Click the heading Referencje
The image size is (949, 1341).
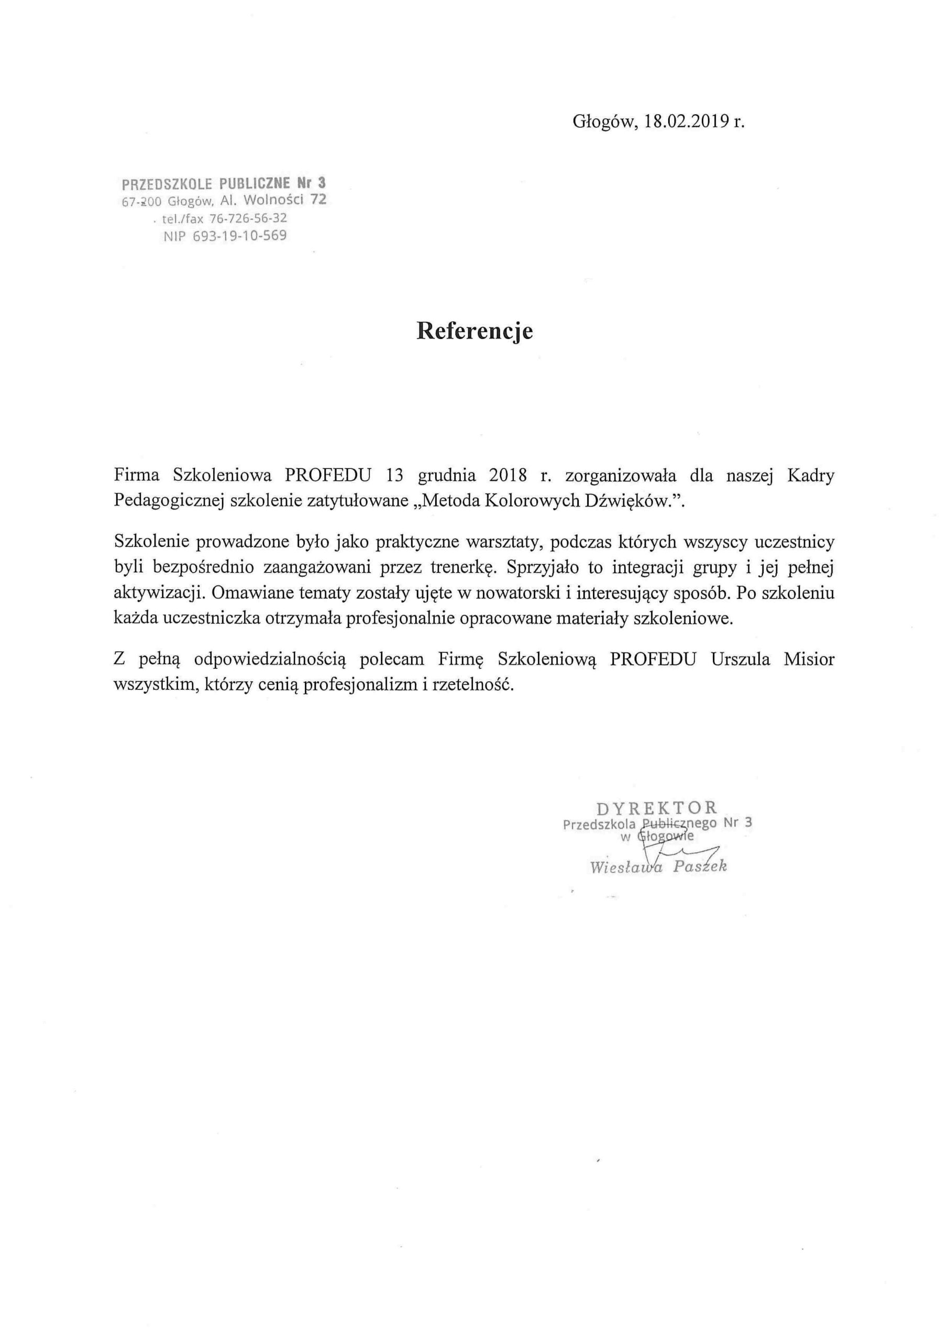474,331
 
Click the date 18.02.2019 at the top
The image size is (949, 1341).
686,122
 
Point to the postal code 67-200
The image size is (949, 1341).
141,202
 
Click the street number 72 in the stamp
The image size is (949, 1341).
318,200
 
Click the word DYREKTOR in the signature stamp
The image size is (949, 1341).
657,808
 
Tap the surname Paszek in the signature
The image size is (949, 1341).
700,866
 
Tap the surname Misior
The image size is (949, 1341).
809,659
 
